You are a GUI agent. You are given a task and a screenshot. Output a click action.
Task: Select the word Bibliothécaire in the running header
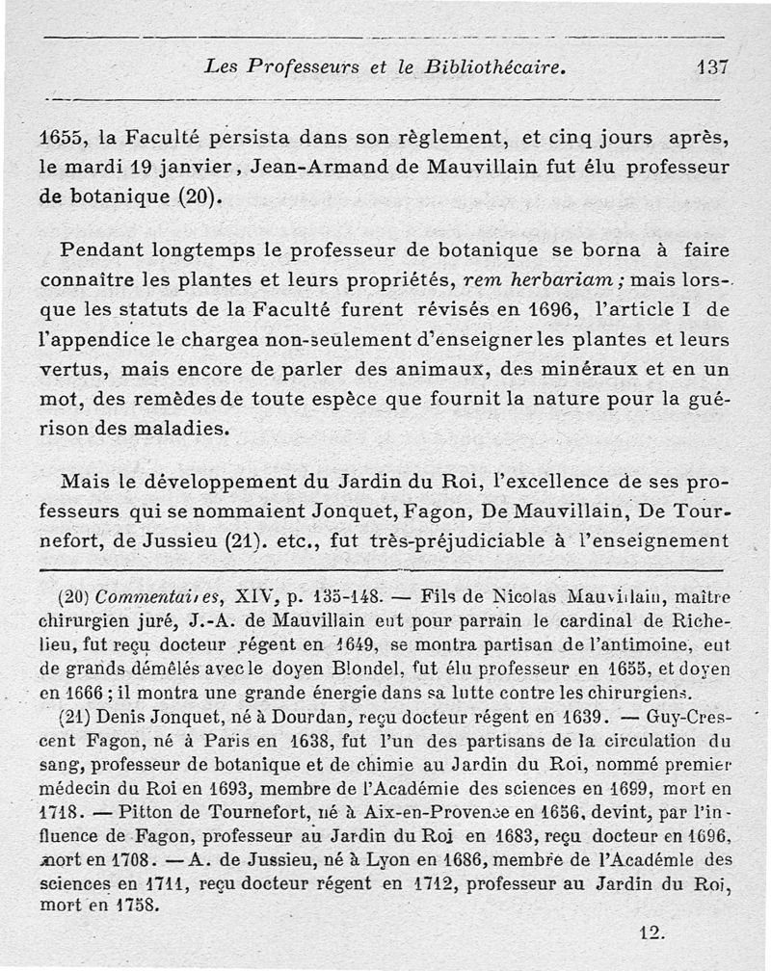click(492, 67)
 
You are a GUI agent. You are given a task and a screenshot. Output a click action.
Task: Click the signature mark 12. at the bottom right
click(651, 932)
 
